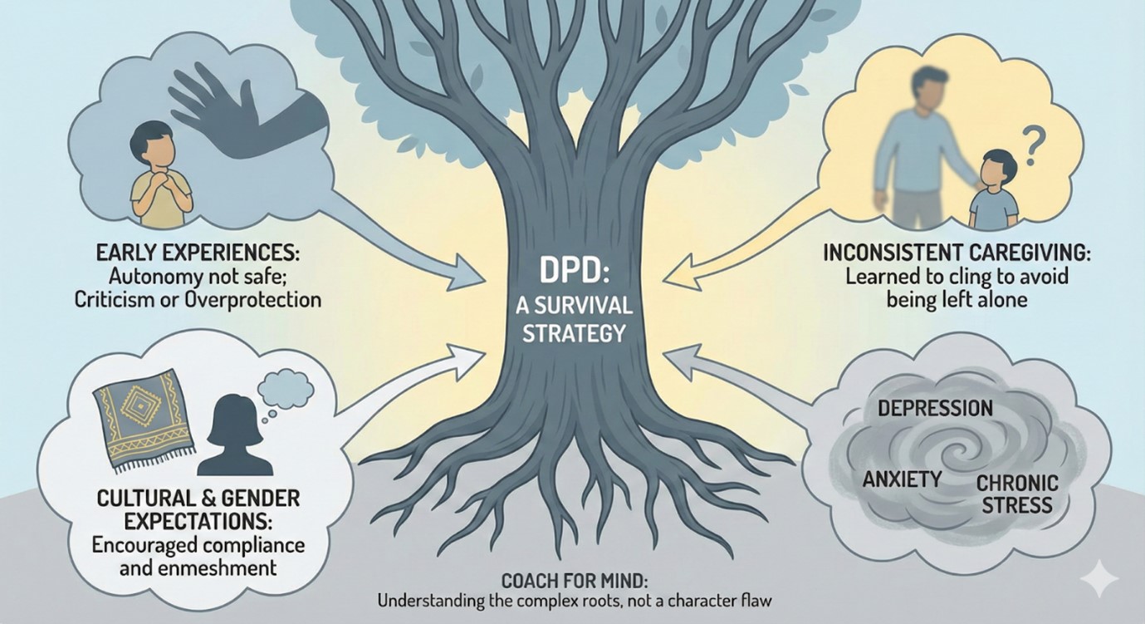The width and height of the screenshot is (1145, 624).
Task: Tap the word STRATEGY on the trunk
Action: tap(568, 334)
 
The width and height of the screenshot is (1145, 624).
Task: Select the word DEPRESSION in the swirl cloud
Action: tap(935, 408)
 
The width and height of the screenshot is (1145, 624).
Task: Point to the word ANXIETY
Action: tap(902, 479)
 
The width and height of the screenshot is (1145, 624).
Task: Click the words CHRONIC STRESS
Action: tap(1016, 494)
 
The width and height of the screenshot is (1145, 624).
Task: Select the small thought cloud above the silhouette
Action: tap(285, 386)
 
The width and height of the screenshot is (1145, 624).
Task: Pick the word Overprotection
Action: tap(252, 299)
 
